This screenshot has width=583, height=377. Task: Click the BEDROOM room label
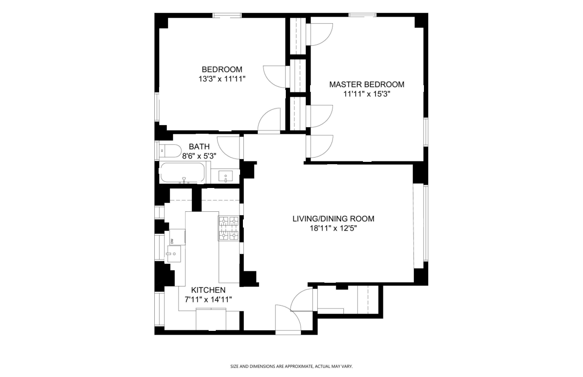(221, 69)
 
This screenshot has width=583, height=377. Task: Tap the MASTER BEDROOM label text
(367, 84)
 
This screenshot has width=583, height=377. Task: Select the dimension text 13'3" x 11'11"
(221, 79)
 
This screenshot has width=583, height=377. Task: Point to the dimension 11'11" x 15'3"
(367, 94)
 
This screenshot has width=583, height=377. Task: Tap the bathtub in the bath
(183, 173)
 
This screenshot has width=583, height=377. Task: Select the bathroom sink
(226, 176)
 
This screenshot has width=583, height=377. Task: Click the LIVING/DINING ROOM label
(333, 219)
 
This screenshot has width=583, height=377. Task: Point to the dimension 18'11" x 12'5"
(333, 228)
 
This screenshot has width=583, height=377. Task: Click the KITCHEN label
(208, 290)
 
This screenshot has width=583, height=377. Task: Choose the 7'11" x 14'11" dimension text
(208, 299)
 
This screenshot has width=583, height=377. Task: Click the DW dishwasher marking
(172, 240)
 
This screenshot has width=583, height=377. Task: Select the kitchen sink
(173, 254)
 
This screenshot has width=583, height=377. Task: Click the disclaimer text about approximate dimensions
(291, 367)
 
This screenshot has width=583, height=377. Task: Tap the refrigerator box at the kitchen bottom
(211, 319)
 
